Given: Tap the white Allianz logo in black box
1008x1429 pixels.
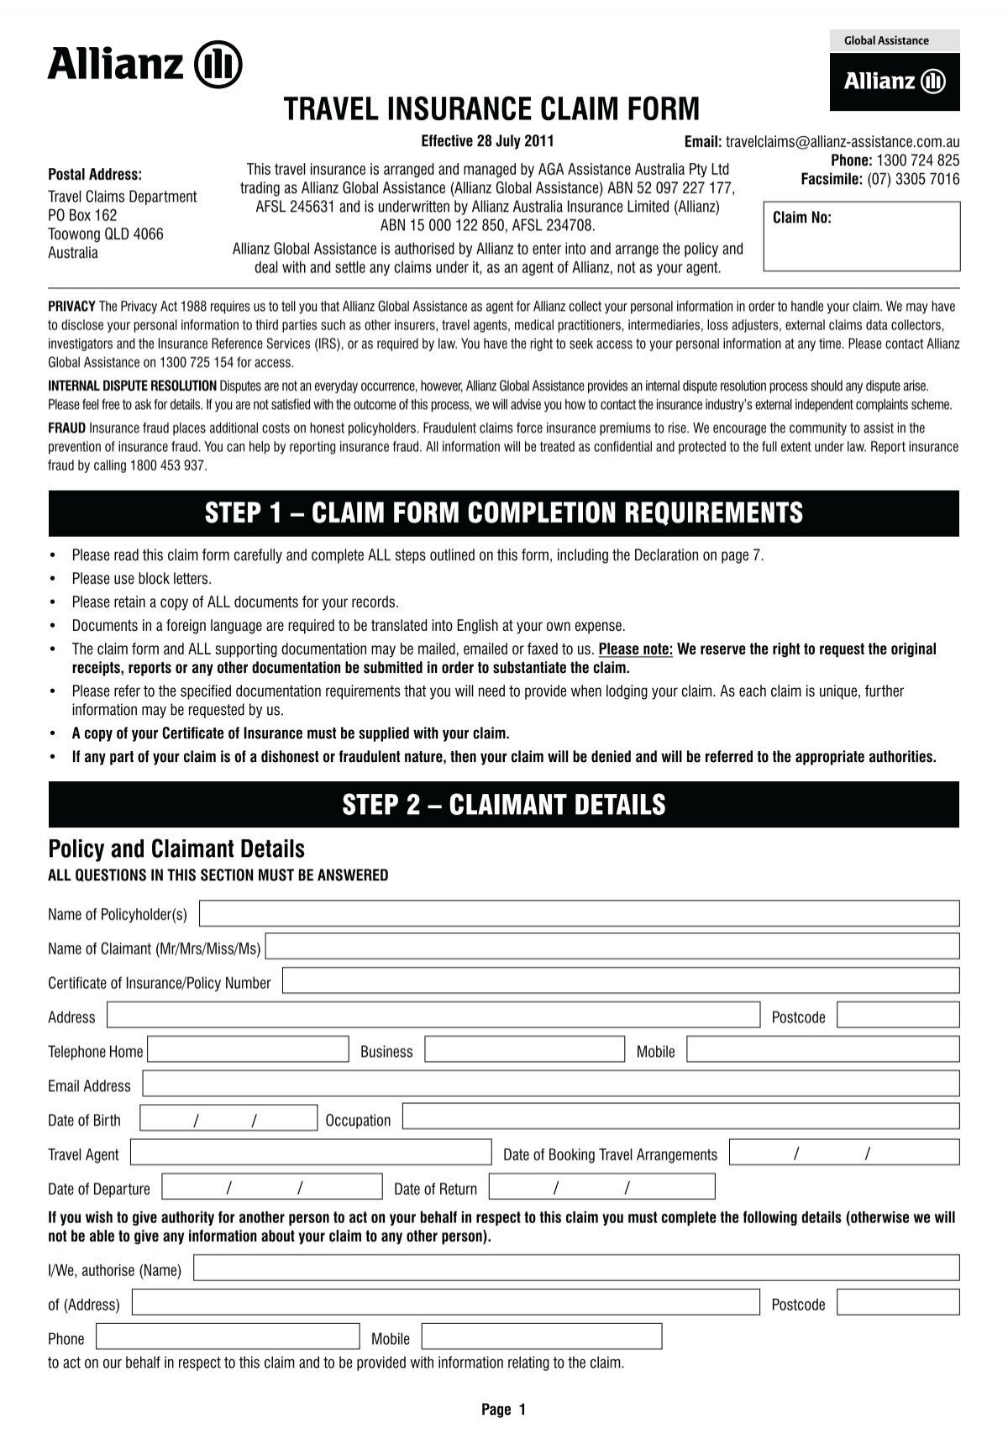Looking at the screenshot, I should click(895, 81).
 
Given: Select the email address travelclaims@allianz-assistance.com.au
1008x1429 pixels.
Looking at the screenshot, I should click(842, 142).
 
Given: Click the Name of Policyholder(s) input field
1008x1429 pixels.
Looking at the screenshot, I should click(579, 913).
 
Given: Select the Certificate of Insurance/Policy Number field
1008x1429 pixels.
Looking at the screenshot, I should click(621, 981).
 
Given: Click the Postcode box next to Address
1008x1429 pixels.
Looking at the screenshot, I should click(898, 1016).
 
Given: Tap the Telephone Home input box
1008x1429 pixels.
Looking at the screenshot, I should click(248, 1050).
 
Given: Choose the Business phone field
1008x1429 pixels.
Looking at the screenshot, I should click(524, 1050).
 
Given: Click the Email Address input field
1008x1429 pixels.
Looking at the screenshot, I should click(550, 1085).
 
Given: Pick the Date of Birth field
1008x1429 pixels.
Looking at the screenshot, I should click(228, 1119).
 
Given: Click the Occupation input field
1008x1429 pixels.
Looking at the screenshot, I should click(680, 1117).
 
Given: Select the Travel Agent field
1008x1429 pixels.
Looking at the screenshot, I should click(310, 1153).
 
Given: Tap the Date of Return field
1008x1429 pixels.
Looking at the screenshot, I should click(601, 1187).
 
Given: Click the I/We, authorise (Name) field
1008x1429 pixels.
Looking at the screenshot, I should click(576, 1269).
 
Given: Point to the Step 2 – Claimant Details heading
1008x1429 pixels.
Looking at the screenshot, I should click(503, 805).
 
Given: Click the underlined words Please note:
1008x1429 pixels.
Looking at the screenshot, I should click(635, 649).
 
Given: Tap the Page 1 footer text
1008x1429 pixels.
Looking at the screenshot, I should click(503, 1410).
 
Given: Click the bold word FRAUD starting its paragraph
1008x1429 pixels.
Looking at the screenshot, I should click(66, 428).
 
